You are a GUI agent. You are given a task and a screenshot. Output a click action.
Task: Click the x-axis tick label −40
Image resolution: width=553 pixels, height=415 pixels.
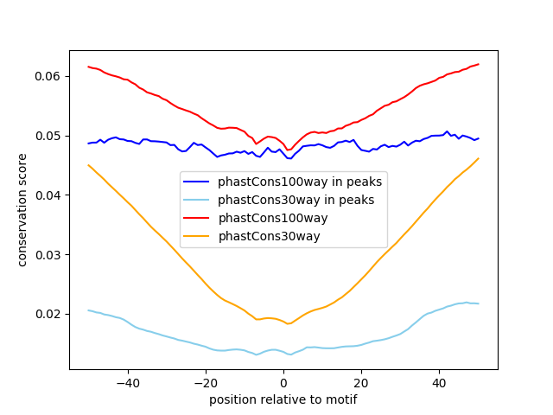coord(127,382)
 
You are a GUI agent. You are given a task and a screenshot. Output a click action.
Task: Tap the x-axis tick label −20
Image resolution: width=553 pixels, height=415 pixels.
coord(205,382)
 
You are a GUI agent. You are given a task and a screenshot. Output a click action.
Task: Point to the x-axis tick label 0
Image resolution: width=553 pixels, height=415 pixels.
coord(283,382)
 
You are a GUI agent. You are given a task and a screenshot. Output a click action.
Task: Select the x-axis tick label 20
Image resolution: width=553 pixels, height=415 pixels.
coord(361,382)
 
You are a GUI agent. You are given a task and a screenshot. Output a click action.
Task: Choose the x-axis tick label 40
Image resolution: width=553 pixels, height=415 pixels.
coord(439,382)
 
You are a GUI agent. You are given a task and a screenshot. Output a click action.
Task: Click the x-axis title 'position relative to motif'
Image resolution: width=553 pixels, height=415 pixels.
coord(283,399)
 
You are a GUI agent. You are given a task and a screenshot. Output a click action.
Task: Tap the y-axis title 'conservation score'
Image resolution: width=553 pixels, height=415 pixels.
coord(22,210)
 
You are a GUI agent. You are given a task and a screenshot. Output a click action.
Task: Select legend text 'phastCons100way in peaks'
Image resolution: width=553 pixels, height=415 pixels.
coord(299,182)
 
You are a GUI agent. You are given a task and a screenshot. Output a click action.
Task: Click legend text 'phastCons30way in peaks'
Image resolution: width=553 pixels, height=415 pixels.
coord(296,200)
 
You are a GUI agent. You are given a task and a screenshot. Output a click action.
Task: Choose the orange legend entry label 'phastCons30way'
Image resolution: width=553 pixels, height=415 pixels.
coord(268,236)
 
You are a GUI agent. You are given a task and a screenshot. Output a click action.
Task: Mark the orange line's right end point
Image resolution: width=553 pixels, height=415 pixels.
coord(478,158)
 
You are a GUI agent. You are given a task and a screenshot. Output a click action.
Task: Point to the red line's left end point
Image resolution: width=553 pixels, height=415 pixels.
coord(88,67)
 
